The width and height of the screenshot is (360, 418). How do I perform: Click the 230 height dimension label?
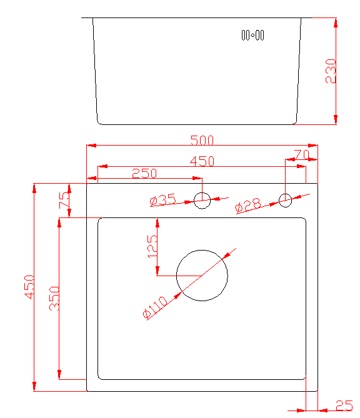(x=331, y=71)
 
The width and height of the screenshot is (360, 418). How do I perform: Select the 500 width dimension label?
(x=202, y=140)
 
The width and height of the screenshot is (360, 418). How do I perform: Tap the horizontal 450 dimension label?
(x=202, y=161)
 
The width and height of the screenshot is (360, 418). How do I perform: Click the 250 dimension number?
(x=144, y=173)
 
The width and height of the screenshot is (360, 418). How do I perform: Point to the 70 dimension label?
(x=302, y=154)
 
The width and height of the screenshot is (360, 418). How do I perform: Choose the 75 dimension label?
(x=64, y=200)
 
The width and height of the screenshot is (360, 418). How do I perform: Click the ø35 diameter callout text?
(x=162, y=200)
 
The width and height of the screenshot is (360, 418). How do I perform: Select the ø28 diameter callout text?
(x=247, y=206)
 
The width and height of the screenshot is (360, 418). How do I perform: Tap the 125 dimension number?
(x=152, y=247)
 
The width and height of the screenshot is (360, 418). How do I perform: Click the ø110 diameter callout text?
(x=154, y=307)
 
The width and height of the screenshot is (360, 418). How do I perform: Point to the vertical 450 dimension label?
(x=29, y=287)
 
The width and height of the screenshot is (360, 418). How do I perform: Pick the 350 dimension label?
(x=54, y=298)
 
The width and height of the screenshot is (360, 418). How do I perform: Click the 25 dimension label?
(x=344, y=406)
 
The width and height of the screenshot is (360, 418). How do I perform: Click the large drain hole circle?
(x=202, y=250)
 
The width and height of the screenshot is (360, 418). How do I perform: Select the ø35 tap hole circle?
(x=202, y=192)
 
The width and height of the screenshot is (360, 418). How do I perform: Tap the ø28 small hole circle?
(x=286, y=194)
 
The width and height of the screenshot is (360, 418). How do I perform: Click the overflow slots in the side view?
(x=252, y=35)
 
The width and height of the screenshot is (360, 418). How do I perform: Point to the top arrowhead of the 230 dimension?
(x=336, y=23)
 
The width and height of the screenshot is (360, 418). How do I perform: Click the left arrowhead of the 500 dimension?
(x=91, y=146)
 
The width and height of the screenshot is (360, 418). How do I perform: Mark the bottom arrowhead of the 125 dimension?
(x=157, y=271)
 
